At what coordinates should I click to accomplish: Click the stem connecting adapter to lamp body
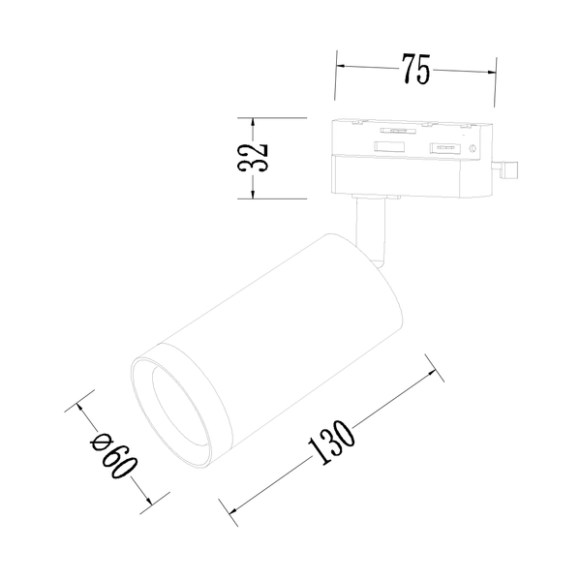tap(370, 229)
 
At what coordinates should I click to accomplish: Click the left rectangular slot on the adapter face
tap(390, 147)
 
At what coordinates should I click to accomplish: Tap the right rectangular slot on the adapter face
tap(443, 148)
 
